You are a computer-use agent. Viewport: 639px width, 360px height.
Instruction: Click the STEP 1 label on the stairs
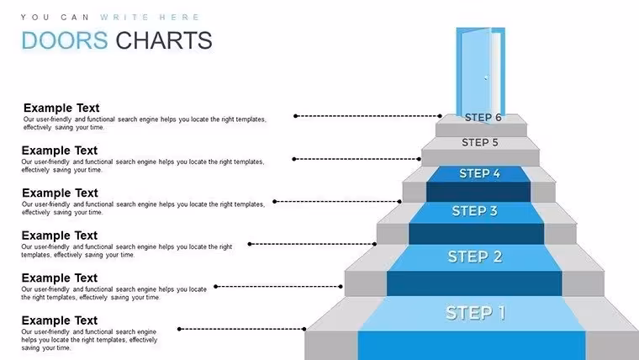pyautogui.click(x=475, y=313)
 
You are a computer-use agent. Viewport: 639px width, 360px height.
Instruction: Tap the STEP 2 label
pyautogui.click(x=475, y=257)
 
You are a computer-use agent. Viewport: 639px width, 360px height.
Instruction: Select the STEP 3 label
pyautogui.click(x=475, y=211)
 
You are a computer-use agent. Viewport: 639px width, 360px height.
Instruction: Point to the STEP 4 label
pyautogui.click(x=479, y=173)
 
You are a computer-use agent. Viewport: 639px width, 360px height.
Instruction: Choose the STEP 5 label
pyautogui.click(x=479, y=142)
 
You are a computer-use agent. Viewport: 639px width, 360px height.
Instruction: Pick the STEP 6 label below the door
pyautogui.click(x=483, y=118)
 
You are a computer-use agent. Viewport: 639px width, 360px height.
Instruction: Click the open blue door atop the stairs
pyautogui.click(x=480, y=74)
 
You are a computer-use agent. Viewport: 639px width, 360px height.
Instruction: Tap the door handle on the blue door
pyautogui.click(x=486, y=77)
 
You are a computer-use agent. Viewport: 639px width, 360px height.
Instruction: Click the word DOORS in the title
pyautogui.click(x=65, y=40)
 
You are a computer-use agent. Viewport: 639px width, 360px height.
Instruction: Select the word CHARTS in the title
pyautogui.click(x=164, y=40)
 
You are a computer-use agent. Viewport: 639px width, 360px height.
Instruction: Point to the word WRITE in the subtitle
pyautogui.click(x=124, y=17)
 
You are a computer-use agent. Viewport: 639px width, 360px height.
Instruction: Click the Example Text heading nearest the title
pyautogui.click(x=61, y=108)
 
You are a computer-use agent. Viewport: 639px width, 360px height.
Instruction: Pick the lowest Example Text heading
pyautogui.click(x=60, y=320)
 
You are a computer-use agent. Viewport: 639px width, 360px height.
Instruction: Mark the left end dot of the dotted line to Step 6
pyautogui.click(x=295, y=116)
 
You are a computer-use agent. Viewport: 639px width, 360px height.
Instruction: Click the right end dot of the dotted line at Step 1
pyautogui.click(x=304, y=329)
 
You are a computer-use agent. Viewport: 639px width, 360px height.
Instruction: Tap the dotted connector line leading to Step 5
pyautogui.click(x=356, y=159)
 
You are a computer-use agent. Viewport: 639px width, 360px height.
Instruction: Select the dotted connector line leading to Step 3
pyautogui.click(x=312, y=244)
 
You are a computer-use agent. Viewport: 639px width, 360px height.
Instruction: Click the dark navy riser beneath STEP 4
pyautogui.click(x=478, y=192)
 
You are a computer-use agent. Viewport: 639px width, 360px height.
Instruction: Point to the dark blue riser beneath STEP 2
pyautogui.click(x=474, y=283)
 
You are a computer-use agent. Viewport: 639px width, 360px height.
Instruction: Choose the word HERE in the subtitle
pyautogui.click(x=179, y=17)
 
